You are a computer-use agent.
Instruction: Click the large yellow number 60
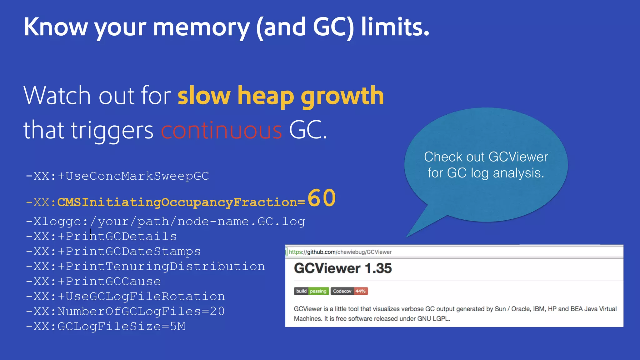[x=322, y=198]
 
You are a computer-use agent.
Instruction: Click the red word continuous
[x=222, y=130]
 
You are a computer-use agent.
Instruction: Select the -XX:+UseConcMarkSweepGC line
[x=117, y=176]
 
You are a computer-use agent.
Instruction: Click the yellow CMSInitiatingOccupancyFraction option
[x=177, y=202]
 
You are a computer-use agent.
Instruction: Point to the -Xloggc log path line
[x=165, y=221]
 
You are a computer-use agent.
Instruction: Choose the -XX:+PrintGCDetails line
[x=101, y=236]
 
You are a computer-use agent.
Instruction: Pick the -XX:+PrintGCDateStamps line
[x=113, y=251]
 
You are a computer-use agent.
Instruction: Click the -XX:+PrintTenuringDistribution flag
[x=145, y=266]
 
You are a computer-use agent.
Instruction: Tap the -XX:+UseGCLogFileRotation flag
[x=125, y=296]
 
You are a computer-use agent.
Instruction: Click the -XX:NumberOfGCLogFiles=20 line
[x=125, y=311]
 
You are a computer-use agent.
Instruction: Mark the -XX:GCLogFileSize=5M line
[x=106, y=326]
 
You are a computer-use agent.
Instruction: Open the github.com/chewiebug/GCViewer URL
[x=340, y=252]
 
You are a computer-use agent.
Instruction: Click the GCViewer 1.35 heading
[x=342, y=268]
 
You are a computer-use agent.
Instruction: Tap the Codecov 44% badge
[x=349, y=291]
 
